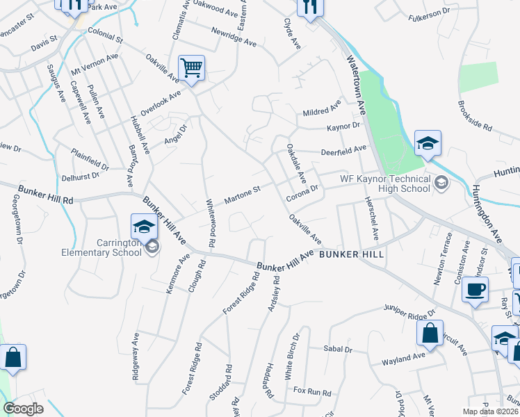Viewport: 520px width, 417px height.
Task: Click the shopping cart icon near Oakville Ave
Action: coord(191,68)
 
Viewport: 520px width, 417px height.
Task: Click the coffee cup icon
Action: coord(475,290)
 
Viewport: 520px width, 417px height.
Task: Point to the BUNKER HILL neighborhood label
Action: coord(352,255)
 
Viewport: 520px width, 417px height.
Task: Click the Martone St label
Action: coord(242,195)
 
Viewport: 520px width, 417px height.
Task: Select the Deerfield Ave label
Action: coord(343,149)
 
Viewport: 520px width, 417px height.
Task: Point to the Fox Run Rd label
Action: coord(311,392)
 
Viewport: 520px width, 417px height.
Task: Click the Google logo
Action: coord(23,409)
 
